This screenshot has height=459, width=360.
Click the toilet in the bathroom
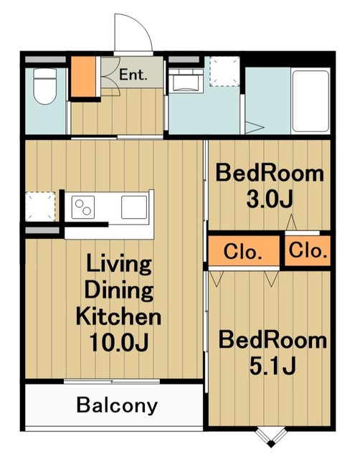(45, 86)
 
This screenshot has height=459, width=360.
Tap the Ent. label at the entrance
(133, 75)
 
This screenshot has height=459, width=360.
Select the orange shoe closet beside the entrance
(84, 77)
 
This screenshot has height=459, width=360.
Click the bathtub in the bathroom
(311, 101)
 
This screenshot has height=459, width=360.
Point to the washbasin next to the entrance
(186, 80)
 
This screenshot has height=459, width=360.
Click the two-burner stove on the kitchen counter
(83, 207)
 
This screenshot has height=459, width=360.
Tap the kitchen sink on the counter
(134, 207)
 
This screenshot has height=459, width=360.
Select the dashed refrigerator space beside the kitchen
(40, 207)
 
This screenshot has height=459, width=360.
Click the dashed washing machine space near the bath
(224, 72)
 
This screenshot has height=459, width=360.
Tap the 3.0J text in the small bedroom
(270, 200)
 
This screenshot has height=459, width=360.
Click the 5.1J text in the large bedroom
(273, 366)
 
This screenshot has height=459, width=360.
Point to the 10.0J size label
(119, 342)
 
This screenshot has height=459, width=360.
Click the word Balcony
(117, 406)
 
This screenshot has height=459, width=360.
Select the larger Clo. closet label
(242, 252)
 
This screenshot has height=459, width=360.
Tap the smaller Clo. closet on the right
(308, 250)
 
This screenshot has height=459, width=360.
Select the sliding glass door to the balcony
(112, 382)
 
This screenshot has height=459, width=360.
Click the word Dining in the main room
(119, 290)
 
